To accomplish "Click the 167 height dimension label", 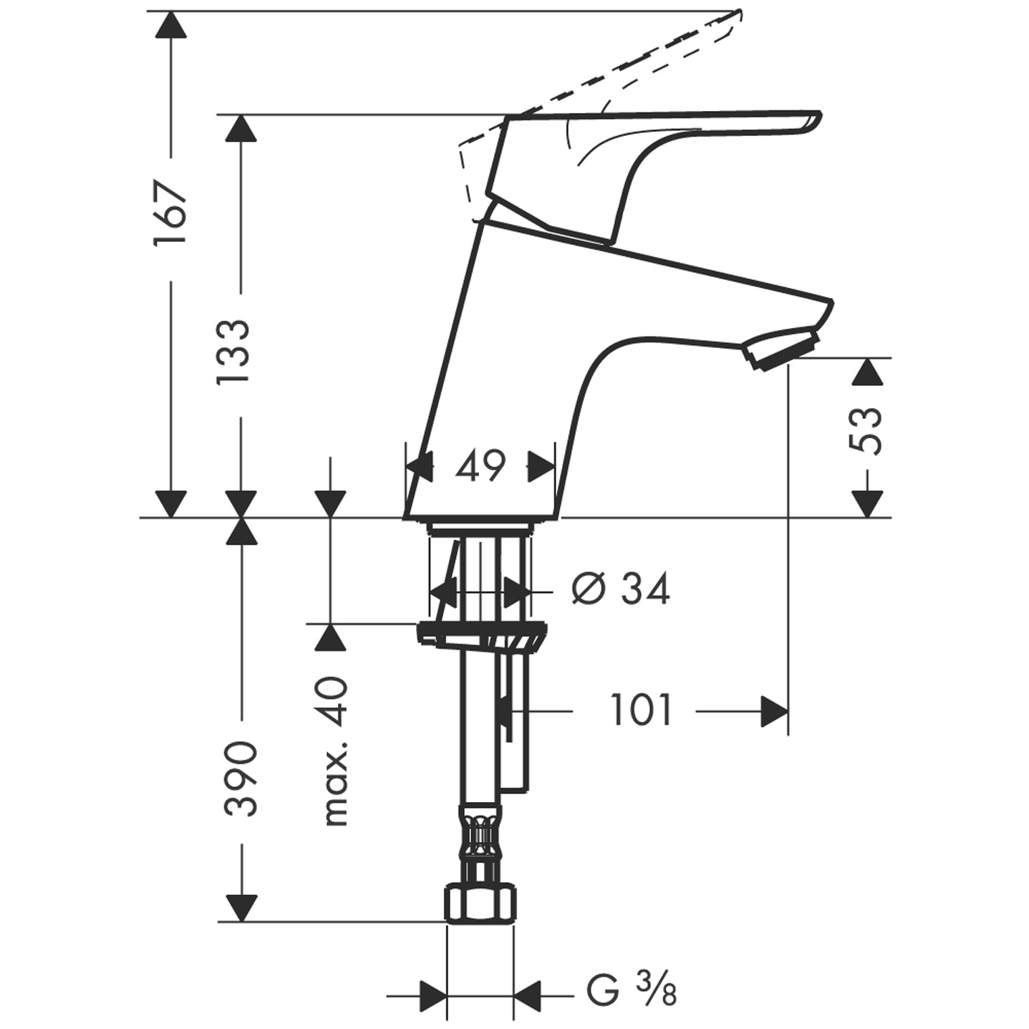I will click(170, 213).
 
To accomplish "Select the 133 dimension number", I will click(235, 353).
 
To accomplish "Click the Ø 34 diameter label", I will click(621, 589).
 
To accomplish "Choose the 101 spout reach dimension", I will click(641, 711).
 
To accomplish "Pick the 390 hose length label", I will click(241, 779).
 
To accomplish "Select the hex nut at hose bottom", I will click(480, 904).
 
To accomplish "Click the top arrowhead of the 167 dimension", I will click(170, 26).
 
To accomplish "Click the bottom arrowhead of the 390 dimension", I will click(241, 908).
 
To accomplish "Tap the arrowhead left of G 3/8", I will click(433, 995).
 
